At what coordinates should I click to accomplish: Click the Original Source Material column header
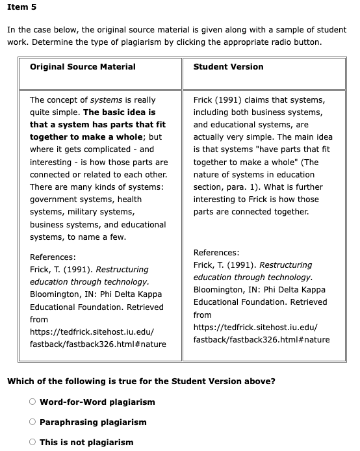click(x=83, y=66)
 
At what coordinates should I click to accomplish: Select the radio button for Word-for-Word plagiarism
click(x=32, y=402)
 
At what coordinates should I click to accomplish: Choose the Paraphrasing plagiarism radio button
click(x=32, y=422)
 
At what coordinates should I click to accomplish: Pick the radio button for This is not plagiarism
click(x=32, y=442)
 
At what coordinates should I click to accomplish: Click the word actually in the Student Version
click(x=211, y=137)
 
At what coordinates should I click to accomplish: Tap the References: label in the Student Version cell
click(x=216, y=252)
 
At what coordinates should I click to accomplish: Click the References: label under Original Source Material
click(x=53, y=257)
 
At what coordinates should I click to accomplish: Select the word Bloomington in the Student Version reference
click(x=220, y=289)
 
